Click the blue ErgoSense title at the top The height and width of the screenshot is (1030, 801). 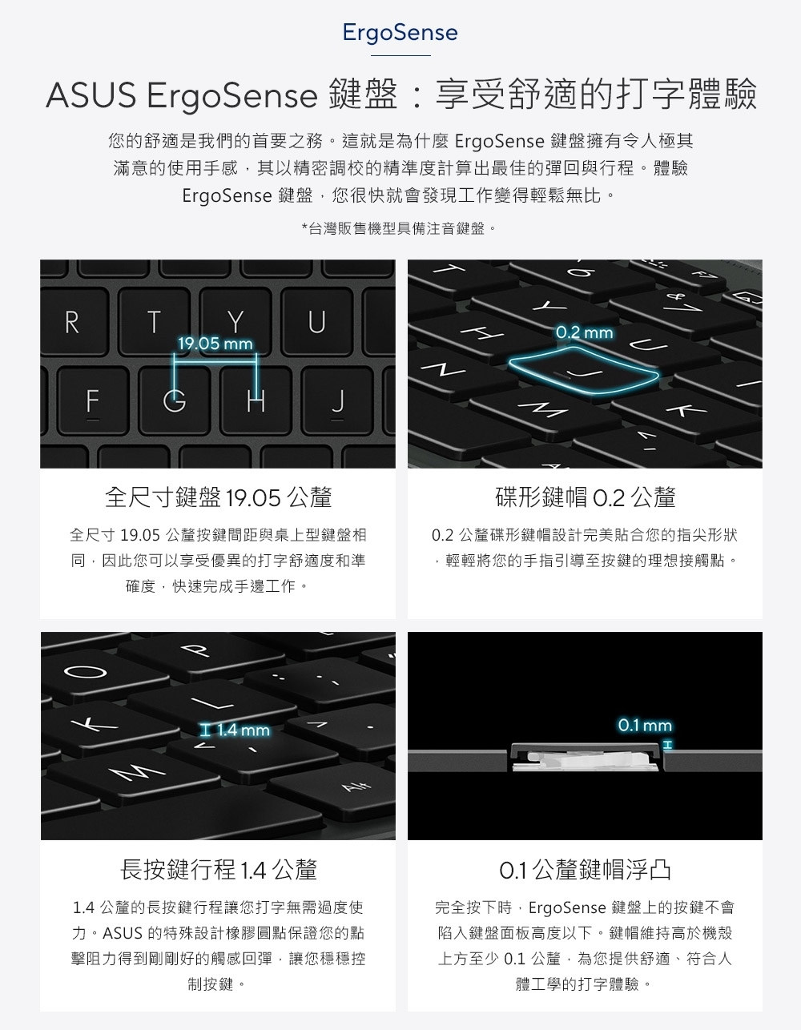tap(400, 33)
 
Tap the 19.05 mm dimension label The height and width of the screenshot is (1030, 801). tap(215, 344)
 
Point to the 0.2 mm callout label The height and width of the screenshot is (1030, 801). tap(585, 332)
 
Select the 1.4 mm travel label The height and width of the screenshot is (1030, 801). tap(235, 730)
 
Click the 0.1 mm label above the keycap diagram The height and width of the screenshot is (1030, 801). tap(645, 725)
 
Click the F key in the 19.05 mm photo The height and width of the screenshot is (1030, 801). tap(93, 401)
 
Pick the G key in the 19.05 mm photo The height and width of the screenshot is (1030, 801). tap(175, 401)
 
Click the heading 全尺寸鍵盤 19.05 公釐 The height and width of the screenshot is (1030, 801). tap(218, 497)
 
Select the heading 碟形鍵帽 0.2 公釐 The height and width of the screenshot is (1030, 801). tap(585, 497)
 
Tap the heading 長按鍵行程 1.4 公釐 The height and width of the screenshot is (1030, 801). tap(218, 869)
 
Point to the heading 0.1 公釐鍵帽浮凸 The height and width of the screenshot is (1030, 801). tap(585, 869)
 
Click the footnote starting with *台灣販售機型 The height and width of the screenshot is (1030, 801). tap(399, 229)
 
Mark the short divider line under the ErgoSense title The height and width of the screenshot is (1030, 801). tap(400, 55)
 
